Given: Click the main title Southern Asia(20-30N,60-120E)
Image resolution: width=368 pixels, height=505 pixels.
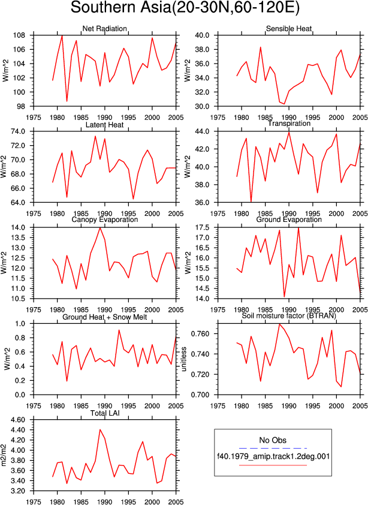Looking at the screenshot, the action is click(x=185, y=8).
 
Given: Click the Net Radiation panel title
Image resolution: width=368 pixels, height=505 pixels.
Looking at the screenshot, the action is click(x=105, y=29).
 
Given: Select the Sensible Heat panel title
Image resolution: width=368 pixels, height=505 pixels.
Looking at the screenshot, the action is click(x=289, y=29).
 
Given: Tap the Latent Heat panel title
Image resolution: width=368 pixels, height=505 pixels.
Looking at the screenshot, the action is click(x=105, y=125).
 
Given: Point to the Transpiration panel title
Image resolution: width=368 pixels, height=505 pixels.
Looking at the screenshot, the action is click(x=289, y=124).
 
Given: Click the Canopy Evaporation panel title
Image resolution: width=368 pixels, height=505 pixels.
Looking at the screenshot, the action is click(x=105, y=220).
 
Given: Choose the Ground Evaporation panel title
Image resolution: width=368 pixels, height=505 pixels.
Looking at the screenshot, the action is click(x=289, y=220).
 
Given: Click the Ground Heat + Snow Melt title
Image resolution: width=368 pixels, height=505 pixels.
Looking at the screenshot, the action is click(x=105, y=317).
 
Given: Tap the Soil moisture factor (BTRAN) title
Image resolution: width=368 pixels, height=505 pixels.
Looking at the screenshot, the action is click(x=289, y=316).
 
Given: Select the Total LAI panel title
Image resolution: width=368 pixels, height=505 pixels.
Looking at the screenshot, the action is click(x=105, y=413).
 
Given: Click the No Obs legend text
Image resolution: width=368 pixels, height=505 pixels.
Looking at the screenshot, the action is click(x=273, y=440).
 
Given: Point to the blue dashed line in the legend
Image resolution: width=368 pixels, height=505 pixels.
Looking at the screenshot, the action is click(x=273, y=448).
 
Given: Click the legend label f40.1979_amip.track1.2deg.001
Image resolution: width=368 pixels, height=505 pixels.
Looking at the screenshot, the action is click(x=273, y=456).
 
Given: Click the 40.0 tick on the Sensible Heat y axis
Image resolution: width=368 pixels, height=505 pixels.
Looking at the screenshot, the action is click(x=203, y=35).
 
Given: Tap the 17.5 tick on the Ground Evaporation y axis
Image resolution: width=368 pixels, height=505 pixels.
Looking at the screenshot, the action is click(x=203, y=228).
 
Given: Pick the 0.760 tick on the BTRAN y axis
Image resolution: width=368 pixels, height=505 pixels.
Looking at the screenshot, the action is click(x=201, y=334).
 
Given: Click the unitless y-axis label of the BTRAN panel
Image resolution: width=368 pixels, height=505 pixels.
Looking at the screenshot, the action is click(x=184, y=359).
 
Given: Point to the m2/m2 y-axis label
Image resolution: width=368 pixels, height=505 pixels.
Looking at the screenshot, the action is click(x=4, y=455).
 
